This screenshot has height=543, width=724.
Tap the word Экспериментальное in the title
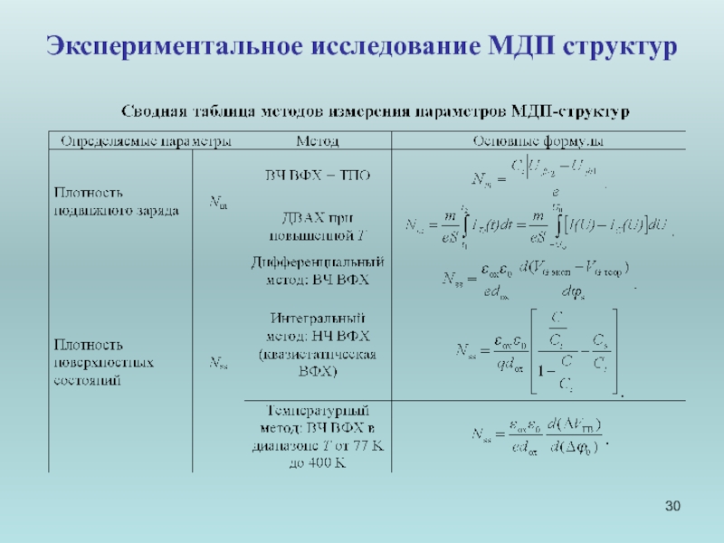click(167, 44)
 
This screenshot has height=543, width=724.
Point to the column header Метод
click(318, 142)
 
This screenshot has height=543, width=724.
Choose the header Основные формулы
click(538, 142)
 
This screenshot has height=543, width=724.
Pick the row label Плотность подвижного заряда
click(117, 201)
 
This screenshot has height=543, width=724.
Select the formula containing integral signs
click(539, 224)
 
